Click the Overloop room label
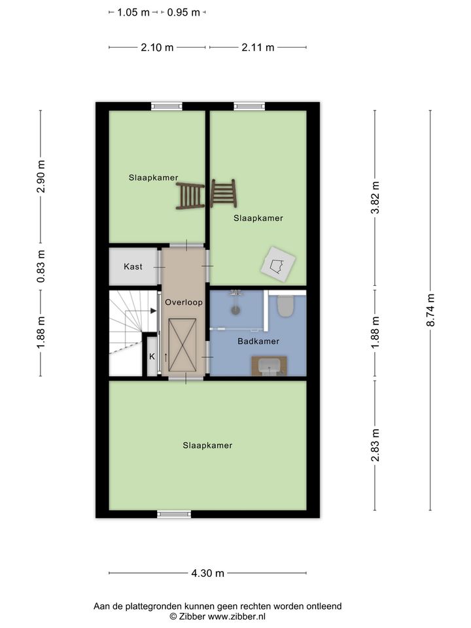click(184, 302)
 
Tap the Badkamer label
click(258, 341)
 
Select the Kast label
click(133, 266)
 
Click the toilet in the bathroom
click(285, 306)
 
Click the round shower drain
click(235, 309)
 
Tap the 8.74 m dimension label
click(430, 310)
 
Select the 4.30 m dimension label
click(207, 573)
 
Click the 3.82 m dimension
click(375, 198)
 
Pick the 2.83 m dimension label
click(375, 445)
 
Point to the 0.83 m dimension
click(41, 266)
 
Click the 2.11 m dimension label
click(258, 47)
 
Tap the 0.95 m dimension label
click(183, 12)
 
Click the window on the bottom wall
click(174, 514)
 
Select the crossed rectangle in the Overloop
click(183, 345)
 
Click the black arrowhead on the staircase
click(153, 311)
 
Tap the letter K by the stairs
click(152, 357)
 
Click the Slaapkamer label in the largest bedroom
click(207, 445)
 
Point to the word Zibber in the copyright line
click(192, 617)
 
